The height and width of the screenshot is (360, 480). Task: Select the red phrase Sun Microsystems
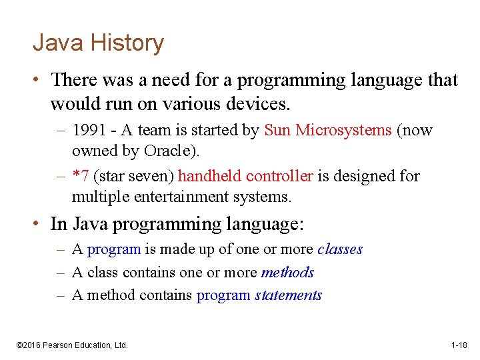point(328,131)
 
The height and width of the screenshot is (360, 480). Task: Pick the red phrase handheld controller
point(245,177)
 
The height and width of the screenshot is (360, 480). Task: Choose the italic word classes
point(340,249)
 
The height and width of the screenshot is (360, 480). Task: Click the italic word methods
point(287,273)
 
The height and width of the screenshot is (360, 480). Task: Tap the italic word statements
point(288,295)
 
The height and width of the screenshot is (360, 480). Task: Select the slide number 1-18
point(459,345)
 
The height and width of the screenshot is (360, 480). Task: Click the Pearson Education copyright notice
point(71,345)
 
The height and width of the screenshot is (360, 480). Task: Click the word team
point(154,131)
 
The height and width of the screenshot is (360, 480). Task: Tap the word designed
point(368,177)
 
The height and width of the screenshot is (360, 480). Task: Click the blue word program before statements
point(223,295)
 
